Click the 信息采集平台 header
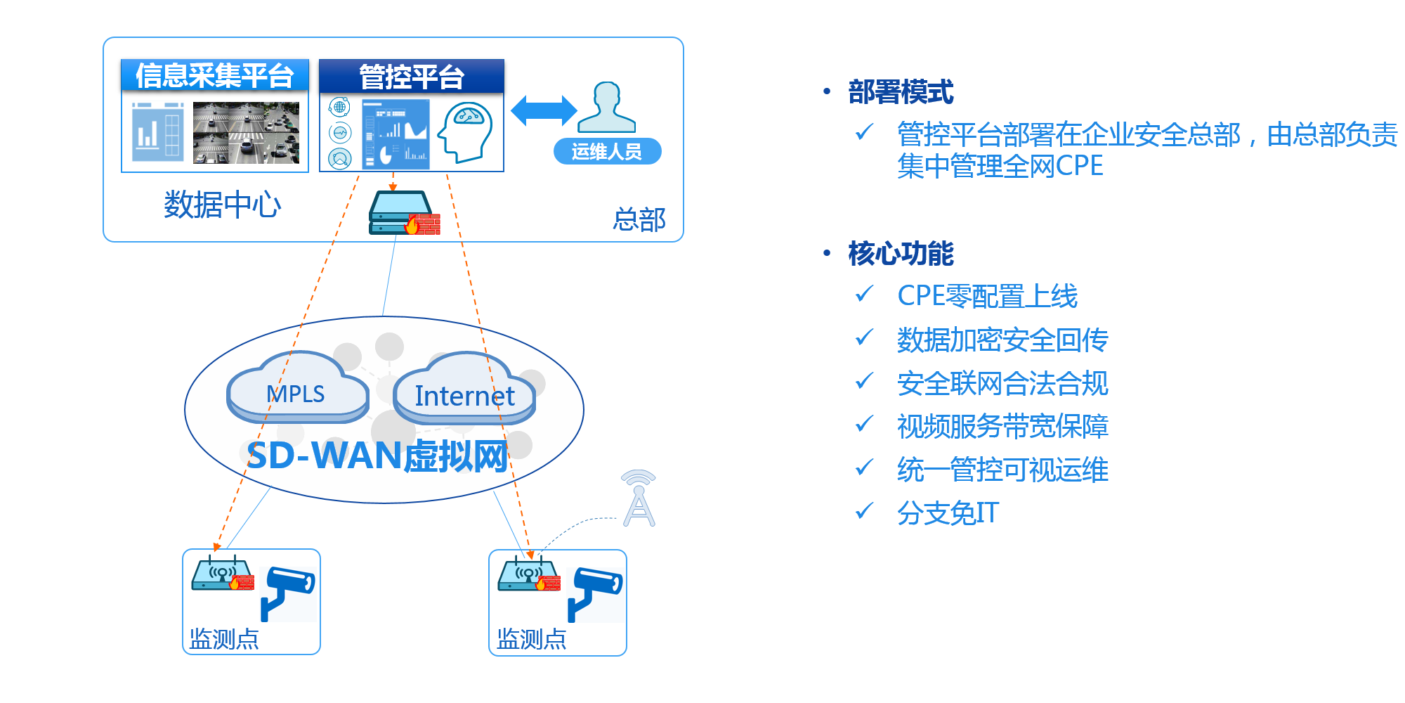pos(214,75)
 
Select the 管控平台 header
pos(412,77)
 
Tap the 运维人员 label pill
pos(607,151)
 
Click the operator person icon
pos(607,107)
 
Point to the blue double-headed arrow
pos(544,111)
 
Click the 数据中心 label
pos(222,205)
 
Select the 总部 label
pos(639,219)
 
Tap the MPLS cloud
pos(297,391)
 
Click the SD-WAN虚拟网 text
pos(377,456)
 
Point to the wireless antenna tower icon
pos(639,498)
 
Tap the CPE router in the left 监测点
pos(222,574)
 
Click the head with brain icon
pos(465,131)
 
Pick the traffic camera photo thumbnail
pos(246,132)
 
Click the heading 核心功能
pos(901,253)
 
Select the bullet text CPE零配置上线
pos(987,296)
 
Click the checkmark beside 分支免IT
pos(864,510)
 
